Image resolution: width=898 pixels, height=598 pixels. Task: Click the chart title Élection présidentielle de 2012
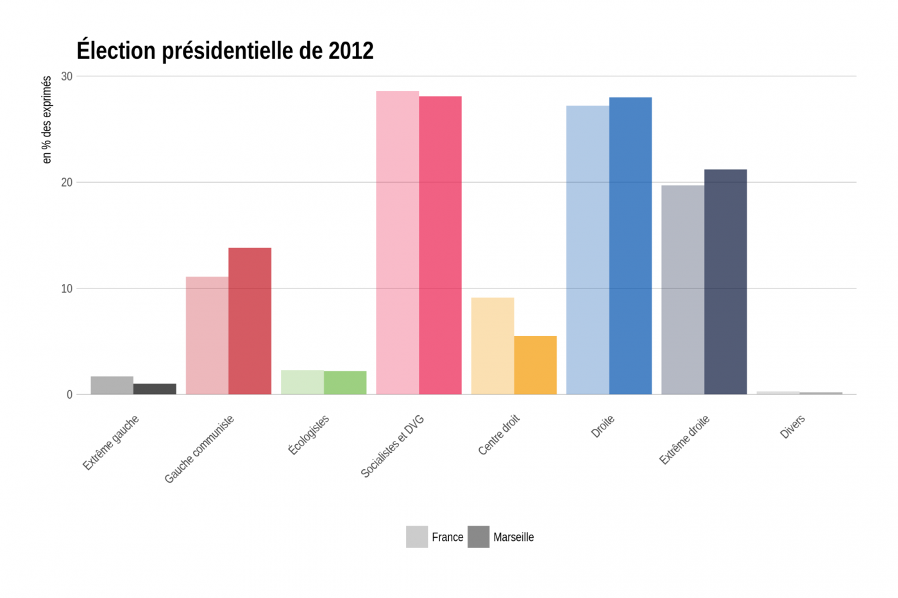click(x=224, y=51)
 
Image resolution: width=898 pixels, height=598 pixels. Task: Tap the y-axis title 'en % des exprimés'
click(x=46, y=120)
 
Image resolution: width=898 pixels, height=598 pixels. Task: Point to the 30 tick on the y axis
click(x=67, y=76)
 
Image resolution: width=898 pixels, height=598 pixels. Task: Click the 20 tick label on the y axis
click(x=67, y=183)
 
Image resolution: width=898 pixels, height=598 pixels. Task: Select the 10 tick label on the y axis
click(x=67, y=288)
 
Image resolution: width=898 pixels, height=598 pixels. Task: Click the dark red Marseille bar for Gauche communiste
click(x=250, y=320)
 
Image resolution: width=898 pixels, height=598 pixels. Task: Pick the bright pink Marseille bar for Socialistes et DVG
click(x=440, y=245)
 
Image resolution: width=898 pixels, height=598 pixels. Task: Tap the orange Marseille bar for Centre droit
click(x=535, y=365)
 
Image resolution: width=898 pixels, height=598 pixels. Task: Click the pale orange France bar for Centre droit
click(x=493, y=345)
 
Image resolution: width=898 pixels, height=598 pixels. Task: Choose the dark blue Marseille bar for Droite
click(x=630, y=245)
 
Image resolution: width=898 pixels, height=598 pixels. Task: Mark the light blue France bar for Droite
click(x=588, y=250)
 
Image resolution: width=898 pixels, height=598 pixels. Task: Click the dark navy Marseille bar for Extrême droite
click(x=725, y=281)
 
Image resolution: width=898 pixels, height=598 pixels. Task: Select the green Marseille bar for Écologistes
click(x=345, y=383)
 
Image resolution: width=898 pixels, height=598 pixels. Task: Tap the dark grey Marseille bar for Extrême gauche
click(x=155, y=389)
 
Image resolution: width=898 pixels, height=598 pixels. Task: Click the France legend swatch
click(x=417, y=537)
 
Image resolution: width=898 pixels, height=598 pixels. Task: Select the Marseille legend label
click(x=513, y=537)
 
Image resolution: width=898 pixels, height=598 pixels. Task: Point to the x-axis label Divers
click(x=792, y=427)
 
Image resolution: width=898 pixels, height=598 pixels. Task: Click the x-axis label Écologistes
click(x=309, y=435)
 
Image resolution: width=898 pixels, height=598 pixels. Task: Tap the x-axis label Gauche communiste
click(x=199, y=449)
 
